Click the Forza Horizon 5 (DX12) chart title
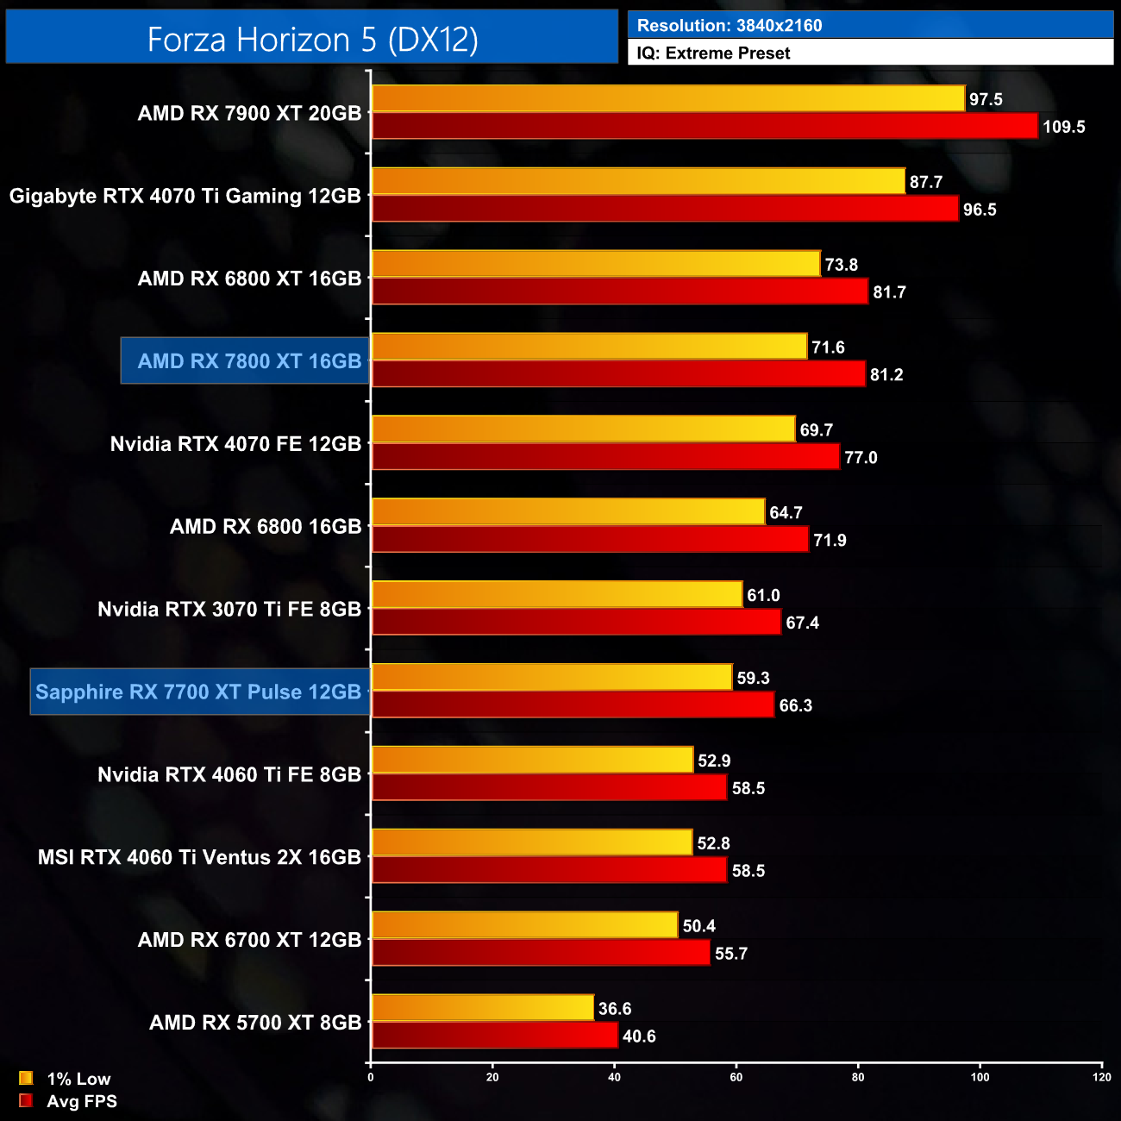(x=312, y=40)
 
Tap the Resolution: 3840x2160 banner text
(x=730, y=25)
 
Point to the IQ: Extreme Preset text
(x=713, y=53)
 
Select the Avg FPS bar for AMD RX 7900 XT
(x=705, y=126)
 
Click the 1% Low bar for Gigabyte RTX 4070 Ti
(x=638, y=181)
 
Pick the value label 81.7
(x=889, y=292)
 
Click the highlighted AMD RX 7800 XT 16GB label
(x=248, y=361)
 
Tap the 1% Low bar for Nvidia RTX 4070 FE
(x=583, y=429)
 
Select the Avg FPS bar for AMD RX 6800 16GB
(x=590, y=540)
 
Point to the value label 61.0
(x=763, y=596)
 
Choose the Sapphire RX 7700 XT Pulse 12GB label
(x=198, y=692)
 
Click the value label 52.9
(x=714, y=761)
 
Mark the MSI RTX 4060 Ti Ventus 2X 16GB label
(x=199, y=858)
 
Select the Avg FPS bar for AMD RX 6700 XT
(x=541, y=953)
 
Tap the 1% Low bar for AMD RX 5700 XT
(x=483, y=1008)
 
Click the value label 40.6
(x=639, y=1036)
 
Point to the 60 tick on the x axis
(x=736, y=1077)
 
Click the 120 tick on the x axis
(x=1101, y=1077)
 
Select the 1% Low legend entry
(x=66, y=1079)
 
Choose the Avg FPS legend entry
(x=68, y=1101)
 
